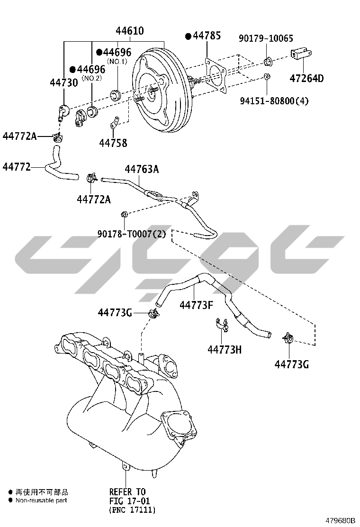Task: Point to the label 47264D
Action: [306, 78]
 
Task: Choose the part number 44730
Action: [63, 82]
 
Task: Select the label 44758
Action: [113, 142]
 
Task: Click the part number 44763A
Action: [142, 170]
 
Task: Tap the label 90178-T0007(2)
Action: [131, 234]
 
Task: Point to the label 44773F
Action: [196, 305]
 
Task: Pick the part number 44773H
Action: [224, 350]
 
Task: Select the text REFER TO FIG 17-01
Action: [127, 496]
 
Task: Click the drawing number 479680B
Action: [340, 520]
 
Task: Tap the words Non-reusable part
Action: [41, 500]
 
